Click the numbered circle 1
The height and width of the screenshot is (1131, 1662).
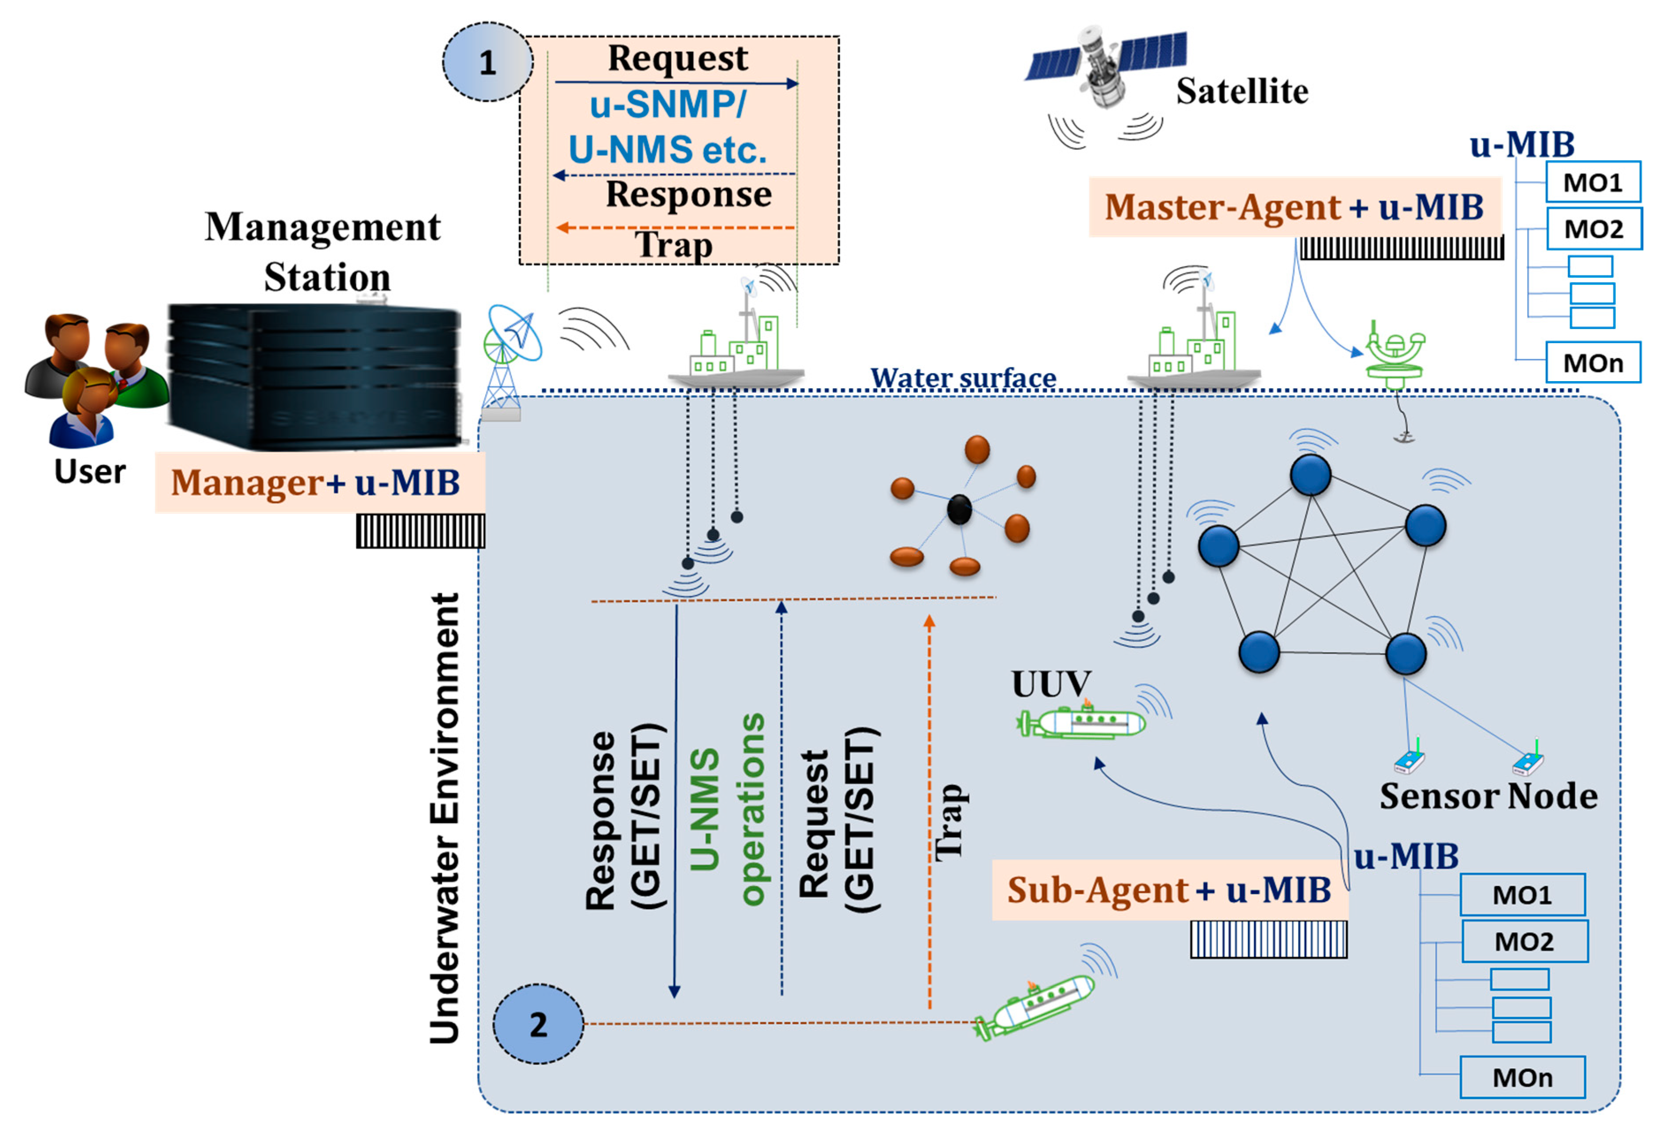coord(488,61)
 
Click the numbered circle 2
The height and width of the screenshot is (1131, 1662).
coord(539,1024)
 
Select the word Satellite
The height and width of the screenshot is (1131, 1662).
coord(1242,92)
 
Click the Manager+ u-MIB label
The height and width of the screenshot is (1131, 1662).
coord(315,482)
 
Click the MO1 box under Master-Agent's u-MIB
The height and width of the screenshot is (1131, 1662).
coord(1593,182)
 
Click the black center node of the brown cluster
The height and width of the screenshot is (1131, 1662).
coord(959,510)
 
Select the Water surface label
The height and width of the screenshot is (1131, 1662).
coord(963,378)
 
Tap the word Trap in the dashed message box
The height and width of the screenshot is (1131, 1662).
coord(674,245)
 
